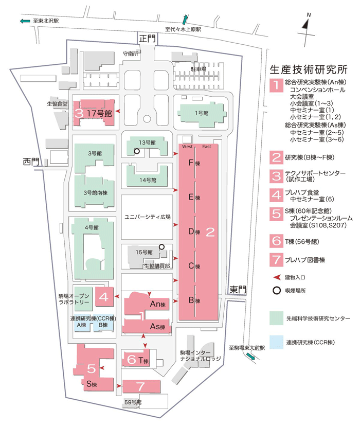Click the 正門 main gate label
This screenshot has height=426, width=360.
(x=148, y=39)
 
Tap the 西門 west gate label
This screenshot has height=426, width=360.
(x=31, y=162)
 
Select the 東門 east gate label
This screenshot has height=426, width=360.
(x=238, y=290)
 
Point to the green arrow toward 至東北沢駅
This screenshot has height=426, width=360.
(x=25, y=21)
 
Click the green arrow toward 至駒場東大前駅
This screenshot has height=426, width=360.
(x=250, y=356)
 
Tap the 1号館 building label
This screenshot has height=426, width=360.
(x=202, y=113)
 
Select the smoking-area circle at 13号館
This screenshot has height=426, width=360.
(x=137, y=151)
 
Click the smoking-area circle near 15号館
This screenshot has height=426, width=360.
(x=161, y=246)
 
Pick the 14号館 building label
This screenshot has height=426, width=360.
(x=148, y=180)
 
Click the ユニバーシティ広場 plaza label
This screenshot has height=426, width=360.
(x=148, y=217)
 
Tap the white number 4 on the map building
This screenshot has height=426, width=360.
(x=104, y=297)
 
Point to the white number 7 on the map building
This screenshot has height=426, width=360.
(x=141, y=386)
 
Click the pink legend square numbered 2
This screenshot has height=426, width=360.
(x=277, y=157)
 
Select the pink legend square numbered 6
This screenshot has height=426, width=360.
(x=277, y=241)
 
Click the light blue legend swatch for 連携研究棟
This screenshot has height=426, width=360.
(x=276, y=342)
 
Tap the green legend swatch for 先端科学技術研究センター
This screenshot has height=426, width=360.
(x=276, y=318)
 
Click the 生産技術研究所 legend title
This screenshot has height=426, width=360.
(x=309, y=70)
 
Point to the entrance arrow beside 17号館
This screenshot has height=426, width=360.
(x=118, y=111)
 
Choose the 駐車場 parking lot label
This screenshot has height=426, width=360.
(x=198, y=69)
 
